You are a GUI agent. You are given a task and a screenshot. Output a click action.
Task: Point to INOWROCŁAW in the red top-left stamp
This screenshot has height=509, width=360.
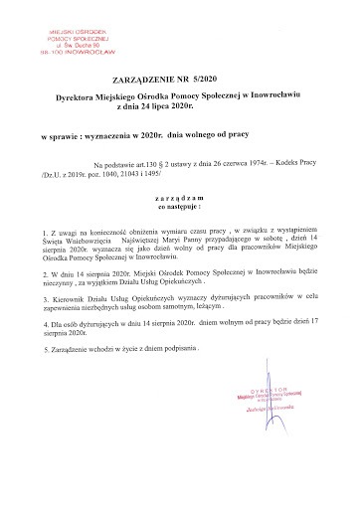pyautogui.click(x=82, y=45)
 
